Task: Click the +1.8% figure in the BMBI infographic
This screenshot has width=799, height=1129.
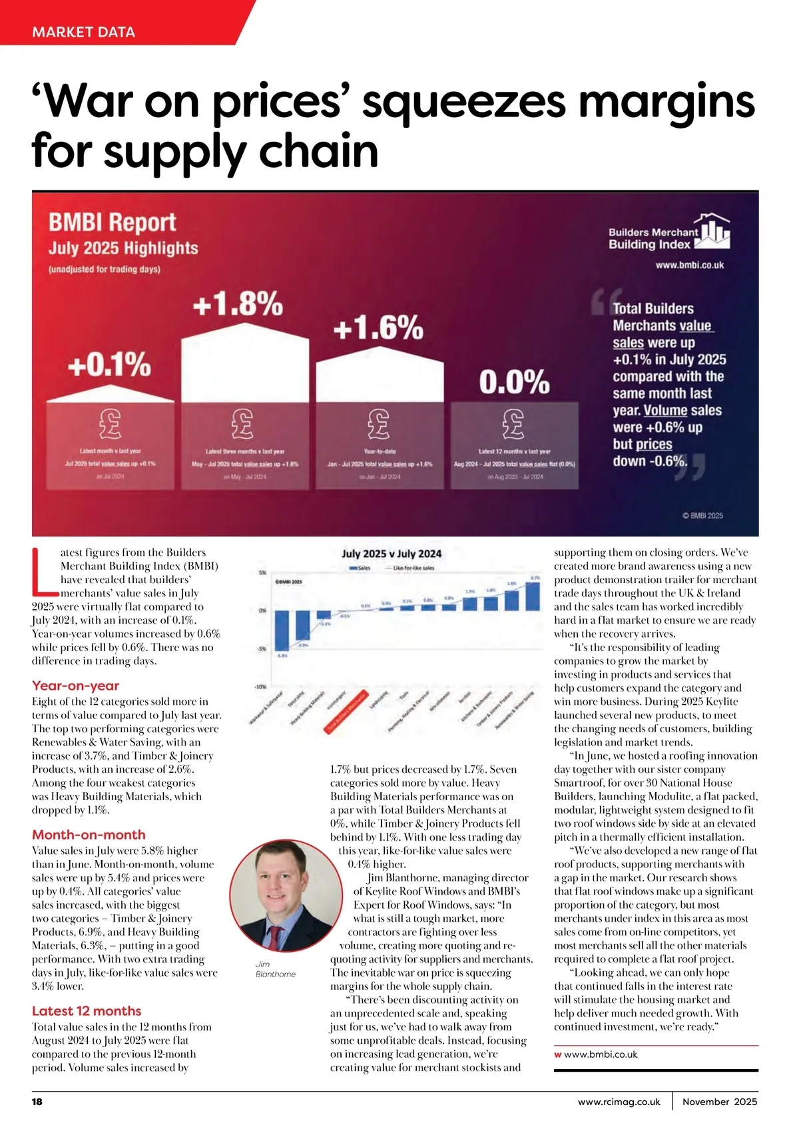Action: click(x=238, y=304)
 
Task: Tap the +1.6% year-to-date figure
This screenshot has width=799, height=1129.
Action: click(x=378, y=328)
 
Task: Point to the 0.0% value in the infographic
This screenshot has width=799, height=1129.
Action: click(x=514, y=382)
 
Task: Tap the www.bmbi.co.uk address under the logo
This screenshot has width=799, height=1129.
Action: click(x=689, y=265)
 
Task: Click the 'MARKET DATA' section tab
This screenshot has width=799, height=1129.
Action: click(x=83, y=32)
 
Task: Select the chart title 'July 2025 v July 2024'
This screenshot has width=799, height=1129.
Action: click(x=391, y=553)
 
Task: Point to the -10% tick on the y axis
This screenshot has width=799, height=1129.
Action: click(x=260, y=686)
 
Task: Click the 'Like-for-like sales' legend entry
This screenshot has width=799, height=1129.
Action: click(x=413, y=568)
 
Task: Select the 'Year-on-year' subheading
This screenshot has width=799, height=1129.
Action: click(x=75, y=686)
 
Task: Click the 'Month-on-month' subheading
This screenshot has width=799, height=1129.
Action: click(x=89, y=835)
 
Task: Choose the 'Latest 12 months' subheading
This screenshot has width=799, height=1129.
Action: click(x=87, y=1011)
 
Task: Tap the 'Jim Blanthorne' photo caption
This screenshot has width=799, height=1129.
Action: click(x=275, y=969)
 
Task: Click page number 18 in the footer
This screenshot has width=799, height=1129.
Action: click(x=37, y=1102)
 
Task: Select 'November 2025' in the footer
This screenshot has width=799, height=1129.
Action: click(x=720, y=1102)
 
